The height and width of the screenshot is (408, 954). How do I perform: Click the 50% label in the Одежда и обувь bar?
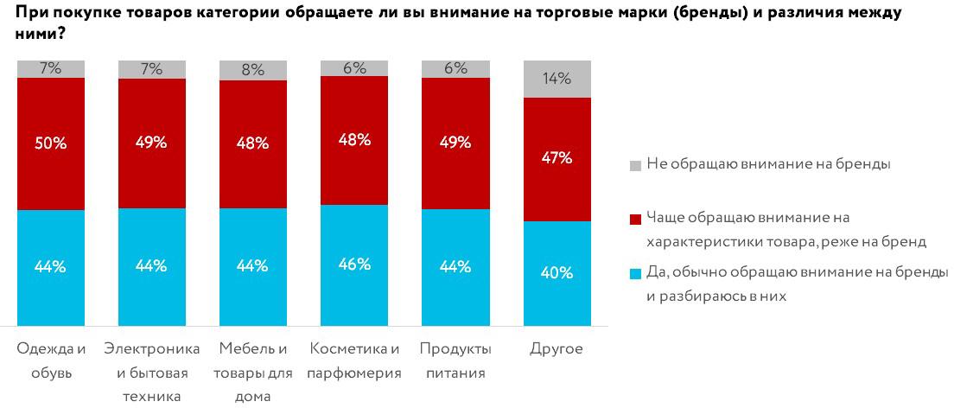[x=51, y=143]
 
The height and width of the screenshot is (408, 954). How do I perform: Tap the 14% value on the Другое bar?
[x=556, y=79]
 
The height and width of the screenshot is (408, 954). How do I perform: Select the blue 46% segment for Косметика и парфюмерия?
[x=354, y=264]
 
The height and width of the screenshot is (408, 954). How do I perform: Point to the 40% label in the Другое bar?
[x=556, y=273]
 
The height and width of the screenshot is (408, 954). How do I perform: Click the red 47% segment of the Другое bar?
[x=556, y=159]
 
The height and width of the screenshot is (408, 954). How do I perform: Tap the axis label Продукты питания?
[x=455, y=360]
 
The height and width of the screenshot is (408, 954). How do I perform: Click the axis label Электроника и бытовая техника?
[x=152, y=373]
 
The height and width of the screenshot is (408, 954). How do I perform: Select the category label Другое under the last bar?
[x=556, y=349]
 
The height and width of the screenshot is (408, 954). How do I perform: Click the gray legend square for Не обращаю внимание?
[x=635, y=164]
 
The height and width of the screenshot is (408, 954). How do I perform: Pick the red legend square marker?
[x=635, y=217]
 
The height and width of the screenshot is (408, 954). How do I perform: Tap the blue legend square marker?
[x=635, y=273]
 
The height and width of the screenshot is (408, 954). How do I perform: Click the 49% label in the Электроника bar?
[x=152, y=143]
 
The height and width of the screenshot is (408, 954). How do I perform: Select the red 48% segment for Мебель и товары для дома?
[x=253, y=144]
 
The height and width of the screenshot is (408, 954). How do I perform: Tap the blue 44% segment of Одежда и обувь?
[x=51, y=267]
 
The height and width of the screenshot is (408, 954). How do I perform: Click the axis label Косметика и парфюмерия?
[x=354, y=360]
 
